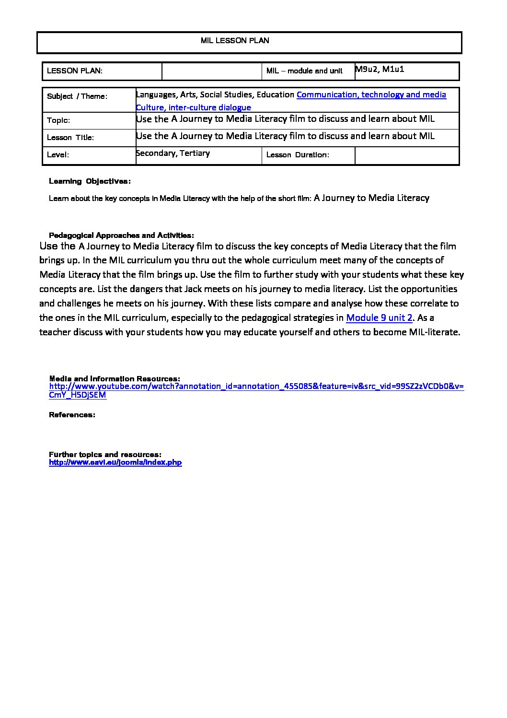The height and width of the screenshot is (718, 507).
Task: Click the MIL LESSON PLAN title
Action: (x=235, y=41)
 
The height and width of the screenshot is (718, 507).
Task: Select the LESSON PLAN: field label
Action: (x=75, y=71)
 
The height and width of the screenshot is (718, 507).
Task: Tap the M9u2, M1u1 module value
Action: (x=380, y=69)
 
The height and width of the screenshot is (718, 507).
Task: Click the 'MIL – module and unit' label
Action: (x=304, y=71)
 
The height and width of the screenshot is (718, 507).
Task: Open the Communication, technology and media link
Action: (x=371, y=94)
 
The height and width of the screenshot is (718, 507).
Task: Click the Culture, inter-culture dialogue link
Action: (x=193, y=107)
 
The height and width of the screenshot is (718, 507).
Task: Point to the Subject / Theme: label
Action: (x=77, y=96)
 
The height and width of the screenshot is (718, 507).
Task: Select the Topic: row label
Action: (x=58, y=120)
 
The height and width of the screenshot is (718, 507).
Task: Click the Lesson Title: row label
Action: (x=70, y=138)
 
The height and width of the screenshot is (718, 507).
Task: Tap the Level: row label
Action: (x=58, y=155)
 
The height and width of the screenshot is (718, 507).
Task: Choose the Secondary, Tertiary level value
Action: (x=173, y=153)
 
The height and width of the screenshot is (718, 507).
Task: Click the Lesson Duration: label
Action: (x=298, y=155)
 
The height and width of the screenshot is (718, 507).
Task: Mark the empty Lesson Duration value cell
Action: (x=406, y=155)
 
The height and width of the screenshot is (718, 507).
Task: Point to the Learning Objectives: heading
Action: (x=90, y=181)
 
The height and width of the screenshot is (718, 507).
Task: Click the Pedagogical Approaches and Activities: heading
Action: (x=121, y=235)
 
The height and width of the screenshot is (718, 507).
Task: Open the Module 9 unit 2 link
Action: (x=379, y=318)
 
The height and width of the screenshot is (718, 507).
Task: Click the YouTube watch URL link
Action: (x=256, y=387)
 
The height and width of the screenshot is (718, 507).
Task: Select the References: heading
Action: (x=72, y=415)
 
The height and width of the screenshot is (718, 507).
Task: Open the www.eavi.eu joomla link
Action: (x=115, y=463)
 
